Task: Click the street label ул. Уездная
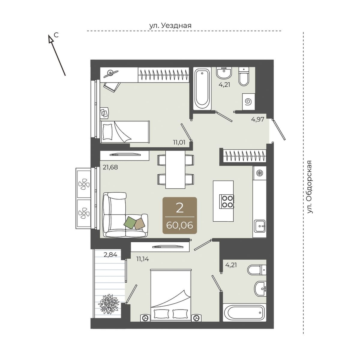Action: (170, 25)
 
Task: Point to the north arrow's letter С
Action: (56, 34)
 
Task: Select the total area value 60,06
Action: (179, 226)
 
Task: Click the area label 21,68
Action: (110, 167)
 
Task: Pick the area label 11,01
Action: (179, 142)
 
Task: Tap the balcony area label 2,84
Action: (110, 254)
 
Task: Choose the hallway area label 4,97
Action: (258, 119)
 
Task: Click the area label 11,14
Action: (143, 259)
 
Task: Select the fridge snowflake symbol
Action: (259, 172)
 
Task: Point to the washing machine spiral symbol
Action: (248, 102)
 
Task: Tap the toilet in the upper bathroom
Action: (244, 77)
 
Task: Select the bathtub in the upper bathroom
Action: (202, 88)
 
